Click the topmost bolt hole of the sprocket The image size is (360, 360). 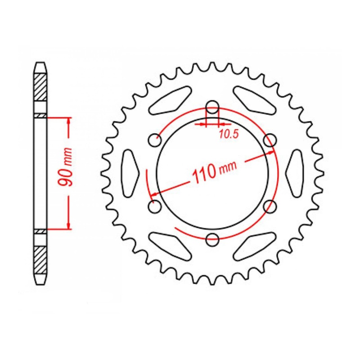(212, 107)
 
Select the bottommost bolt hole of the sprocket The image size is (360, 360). (212, 238)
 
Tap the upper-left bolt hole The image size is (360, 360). (156, 140)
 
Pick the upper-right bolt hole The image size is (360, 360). (270, 140)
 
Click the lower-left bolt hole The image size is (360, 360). (155, 207)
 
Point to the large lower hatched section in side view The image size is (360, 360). (40, 260)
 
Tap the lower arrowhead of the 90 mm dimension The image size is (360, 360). (68, 225)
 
